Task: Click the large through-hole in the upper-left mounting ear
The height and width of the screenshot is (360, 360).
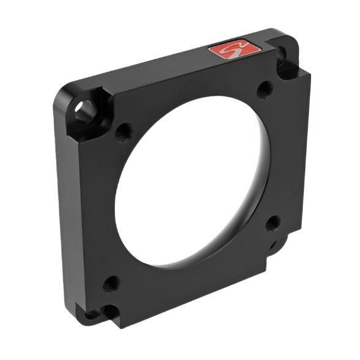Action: pos(83,109)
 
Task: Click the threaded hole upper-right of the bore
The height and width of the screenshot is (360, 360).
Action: pos(264,90)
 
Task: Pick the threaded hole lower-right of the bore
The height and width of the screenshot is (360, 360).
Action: pos(273,223)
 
